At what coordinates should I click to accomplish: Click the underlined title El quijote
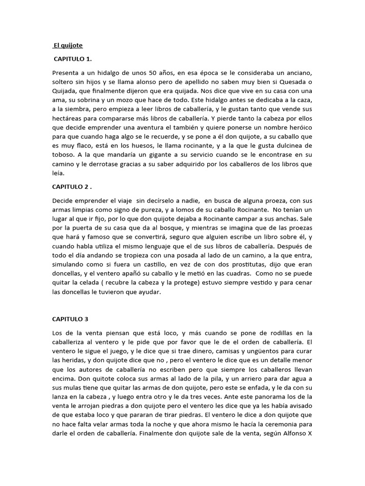tap(68, 46)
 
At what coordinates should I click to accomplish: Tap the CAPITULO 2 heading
tap(73, 187)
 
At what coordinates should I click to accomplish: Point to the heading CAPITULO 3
tap(70, 319)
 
